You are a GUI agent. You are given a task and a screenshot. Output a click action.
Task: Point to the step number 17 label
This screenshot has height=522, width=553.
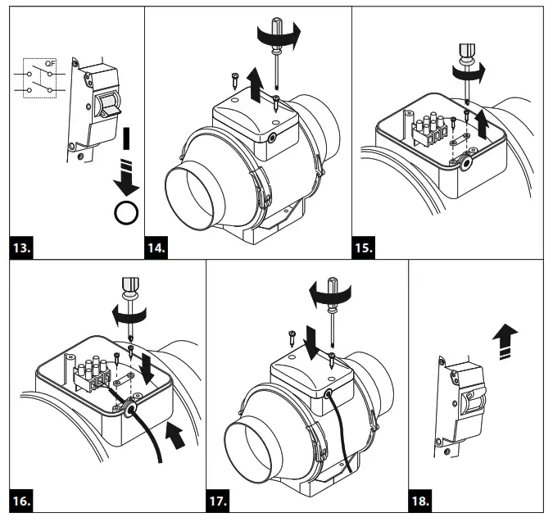point(220,497)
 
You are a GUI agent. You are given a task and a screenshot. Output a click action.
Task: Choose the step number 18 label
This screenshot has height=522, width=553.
point(422,497)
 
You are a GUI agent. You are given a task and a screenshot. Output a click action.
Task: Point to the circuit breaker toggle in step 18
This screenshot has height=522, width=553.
point(470,402)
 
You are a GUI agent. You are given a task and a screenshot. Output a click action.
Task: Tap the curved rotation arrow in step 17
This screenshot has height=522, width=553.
point(332,291)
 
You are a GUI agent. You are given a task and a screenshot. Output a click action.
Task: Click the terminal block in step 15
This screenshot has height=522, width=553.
point(433,131)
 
